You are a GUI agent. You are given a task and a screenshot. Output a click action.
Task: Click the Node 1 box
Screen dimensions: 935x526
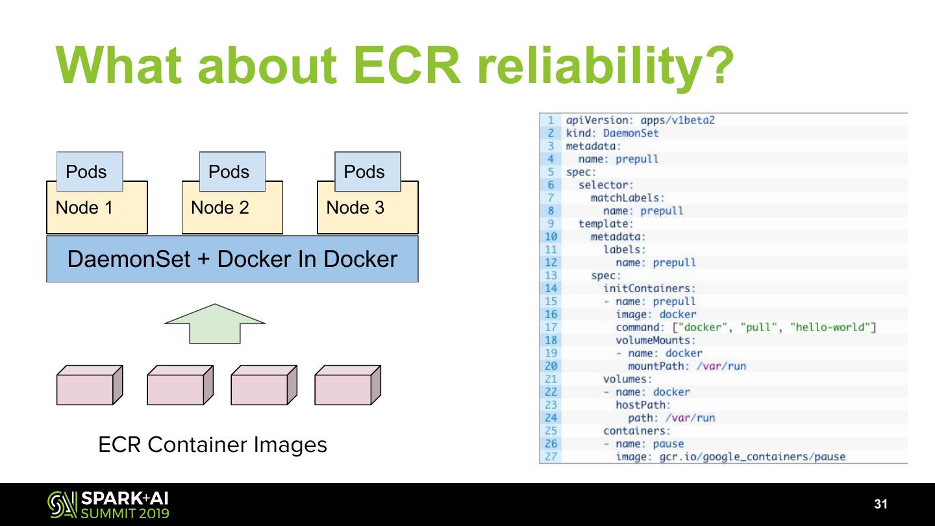(97, 213)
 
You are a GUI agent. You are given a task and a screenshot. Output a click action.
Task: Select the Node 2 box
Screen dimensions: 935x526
(232, 213)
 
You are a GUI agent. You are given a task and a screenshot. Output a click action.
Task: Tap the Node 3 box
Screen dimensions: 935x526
(368, 213)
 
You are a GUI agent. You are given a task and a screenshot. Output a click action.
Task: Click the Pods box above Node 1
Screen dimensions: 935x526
(90, 171)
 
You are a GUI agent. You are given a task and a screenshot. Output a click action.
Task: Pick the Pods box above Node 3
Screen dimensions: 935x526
(368, 171)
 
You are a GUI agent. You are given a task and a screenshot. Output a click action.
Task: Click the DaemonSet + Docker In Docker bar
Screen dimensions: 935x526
(232, 259)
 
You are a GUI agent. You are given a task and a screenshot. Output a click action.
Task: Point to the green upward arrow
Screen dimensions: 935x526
(215, 323)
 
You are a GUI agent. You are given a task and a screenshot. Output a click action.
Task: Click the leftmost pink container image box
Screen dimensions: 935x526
(90, 385)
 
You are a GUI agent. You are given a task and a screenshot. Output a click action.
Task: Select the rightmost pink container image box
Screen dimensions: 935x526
(348, 385)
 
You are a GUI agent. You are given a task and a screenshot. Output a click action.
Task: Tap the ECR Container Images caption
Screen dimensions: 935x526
(212, 444)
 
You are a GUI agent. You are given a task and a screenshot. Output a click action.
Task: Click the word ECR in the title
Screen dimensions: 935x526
(407, 66)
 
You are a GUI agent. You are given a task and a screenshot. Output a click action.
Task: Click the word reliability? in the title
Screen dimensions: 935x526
(606, 68)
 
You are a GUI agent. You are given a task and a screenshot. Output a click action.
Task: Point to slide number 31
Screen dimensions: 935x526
(880, 504)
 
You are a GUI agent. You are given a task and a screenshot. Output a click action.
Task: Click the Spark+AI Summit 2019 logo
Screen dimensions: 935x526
(108, 505)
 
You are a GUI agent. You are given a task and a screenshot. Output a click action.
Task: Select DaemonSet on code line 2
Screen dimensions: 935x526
(630, 133)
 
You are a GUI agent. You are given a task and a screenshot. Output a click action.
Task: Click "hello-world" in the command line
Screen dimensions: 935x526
(829, 327)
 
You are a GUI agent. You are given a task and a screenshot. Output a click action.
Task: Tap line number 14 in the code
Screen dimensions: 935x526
(551, 288)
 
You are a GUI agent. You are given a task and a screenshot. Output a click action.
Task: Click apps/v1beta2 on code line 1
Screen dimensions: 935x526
(677, 120)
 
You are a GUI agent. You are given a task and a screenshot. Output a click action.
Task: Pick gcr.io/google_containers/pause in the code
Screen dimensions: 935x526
(752, 457)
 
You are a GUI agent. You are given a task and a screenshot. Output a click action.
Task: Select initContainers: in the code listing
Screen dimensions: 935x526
(649, 288)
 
